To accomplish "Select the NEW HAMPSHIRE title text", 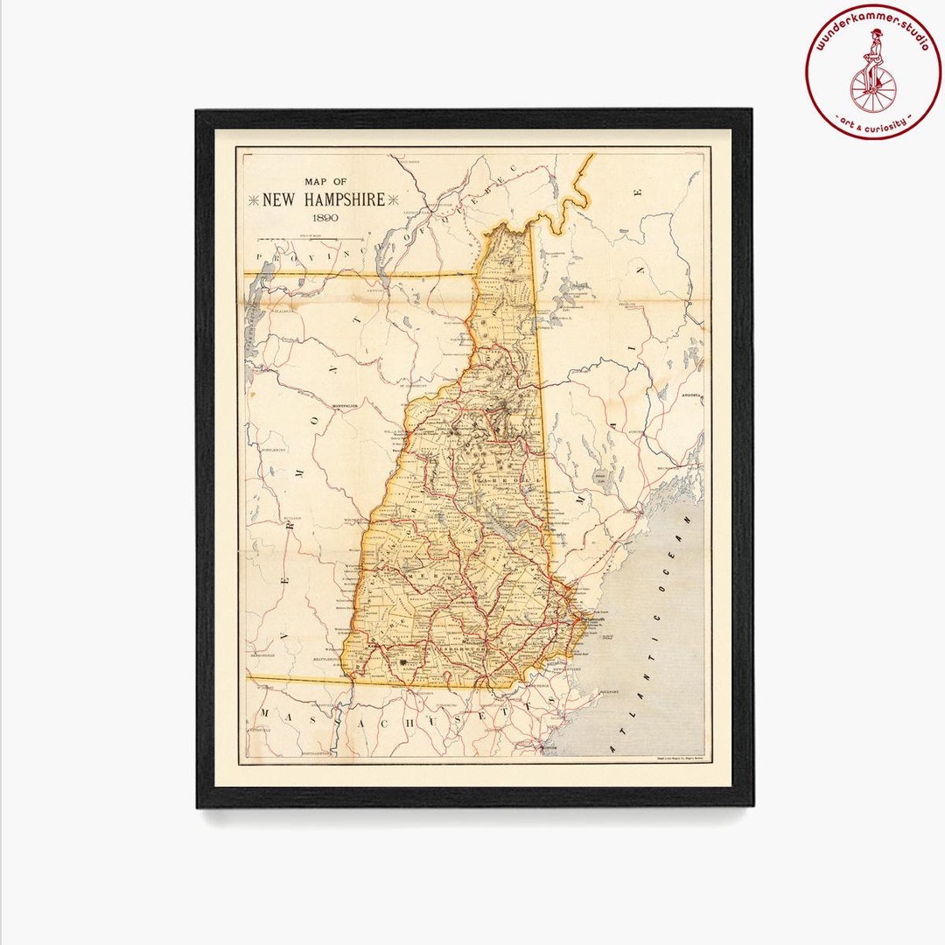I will click(324, 199).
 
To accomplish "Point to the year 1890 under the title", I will click(323, 218).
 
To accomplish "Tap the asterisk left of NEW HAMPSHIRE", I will click(254, 200).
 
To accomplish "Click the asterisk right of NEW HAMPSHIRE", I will click(393, 200).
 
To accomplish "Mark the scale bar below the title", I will click(330, 238).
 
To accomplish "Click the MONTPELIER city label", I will click(346, 407).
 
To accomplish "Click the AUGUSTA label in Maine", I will click(691, 395).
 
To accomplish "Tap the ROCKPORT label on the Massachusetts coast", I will click(609, 691).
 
